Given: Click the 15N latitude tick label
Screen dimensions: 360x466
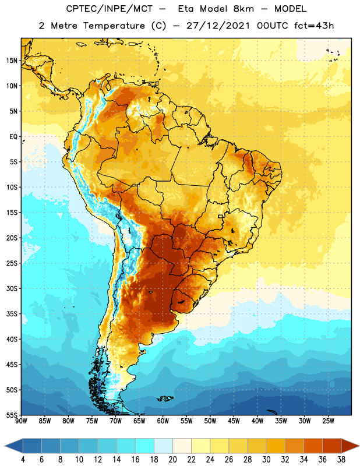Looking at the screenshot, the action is coord(12,61).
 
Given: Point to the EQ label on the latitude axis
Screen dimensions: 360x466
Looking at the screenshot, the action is coord(13,137).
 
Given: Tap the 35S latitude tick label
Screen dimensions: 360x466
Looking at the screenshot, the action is coord(12,314).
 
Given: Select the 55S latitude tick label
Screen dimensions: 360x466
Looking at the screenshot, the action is coord(12,415).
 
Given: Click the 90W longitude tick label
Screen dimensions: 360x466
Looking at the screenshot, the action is coord(21,421).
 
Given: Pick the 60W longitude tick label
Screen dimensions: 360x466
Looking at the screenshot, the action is coord(163,421).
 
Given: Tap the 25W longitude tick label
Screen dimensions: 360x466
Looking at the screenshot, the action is coord(328,421).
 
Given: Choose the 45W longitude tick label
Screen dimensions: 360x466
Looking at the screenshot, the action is coord(234,421).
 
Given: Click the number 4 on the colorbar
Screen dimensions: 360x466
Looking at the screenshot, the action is coord(23,460).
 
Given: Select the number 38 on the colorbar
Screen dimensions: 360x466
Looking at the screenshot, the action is coord(341,460).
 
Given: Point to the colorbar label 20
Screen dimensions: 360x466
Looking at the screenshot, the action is coord(172,460).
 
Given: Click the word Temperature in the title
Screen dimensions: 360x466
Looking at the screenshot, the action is coord(114,26).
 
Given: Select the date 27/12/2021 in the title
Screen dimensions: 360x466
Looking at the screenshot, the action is coord(218,26).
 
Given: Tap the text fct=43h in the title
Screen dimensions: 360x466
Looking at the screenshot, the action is coord(314,26).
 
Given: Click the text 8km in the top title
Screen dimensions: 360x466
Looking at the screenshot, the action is coord(243,9).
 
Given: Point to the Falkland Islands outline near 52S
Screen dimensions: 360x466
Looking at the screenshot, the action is coord(165,398).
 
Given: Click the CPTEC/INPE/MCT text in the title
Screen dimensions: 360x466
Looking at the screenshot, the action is coord(110,9).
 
